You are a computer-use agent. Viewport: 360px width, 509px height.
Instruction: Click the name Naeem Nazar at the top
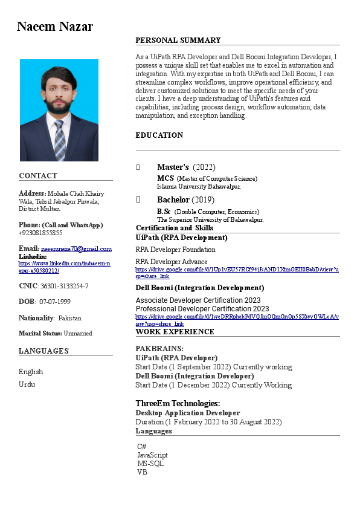55,27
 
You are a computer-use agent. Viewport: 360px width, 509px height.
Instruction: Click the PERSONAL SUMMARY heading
178,41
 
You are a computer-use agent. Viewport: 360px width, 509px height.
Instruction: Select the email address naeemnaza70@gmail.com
76,249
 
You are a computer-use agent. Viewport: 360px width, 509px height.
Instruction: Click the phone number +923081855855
40,233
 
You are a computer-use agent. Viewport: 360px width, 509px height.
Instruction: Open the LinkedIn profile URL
65,267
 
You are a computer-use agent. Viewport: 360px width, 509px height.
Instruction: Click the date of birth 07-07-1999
55,302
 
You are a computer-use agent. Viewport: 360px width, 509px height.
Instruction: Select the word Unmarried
77,333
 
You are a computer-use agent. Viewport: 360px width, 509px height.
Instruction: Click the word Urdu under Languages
27,384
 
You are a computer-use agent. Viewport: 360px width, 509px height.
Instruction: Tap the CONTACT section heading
38,176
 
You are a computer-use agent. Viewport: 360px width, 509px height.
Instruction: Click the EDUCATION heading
159,135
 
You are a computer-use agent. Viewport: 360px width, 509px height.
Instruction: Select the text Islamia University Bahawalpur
199,187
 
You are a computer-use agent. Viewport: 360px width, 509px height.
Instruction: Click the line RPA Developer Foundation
175,250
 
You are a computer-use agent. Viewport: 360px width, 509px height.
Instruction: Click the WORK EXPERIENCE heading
175,332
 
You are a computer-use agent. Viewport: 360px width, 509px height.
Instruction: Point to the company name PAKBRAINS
159,349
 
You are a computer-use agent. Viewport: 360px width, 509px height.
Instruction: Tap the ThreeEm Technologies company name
177,403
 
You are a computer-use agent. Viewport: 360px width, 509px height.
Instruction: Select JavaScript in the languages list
152,455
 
